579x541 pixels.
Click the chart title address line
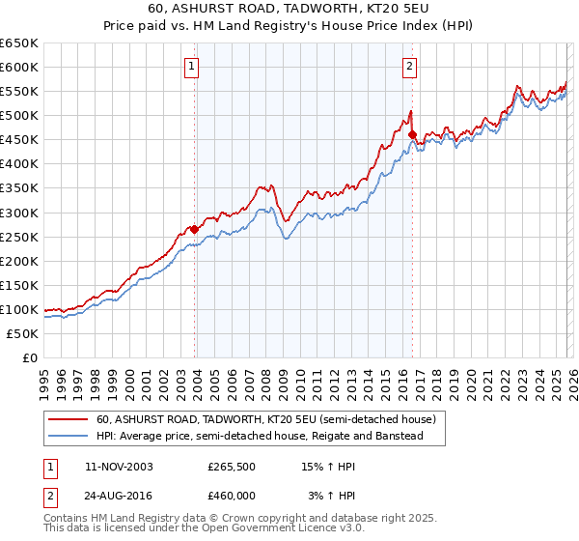coord(289,10)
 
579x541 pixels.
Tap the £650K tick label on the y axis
coord(19,43)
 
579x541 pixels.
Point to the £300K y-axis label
coord(19,213)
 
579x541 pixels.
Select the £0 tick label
coord(30,358)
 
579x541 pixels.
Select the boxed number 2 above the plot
coord(410,67)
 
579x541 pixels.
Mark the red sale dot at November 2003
coord(195,229)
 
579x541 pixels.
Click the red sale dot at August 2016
coord(412,134)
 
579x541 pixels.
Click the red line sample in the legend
coord(68,420)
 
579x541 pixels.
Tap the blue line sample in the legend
coord(68,437)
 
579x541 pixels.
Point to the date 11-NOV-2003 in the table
coord(119,467)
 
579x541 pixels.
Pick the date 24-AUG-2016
coord(119,496)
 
